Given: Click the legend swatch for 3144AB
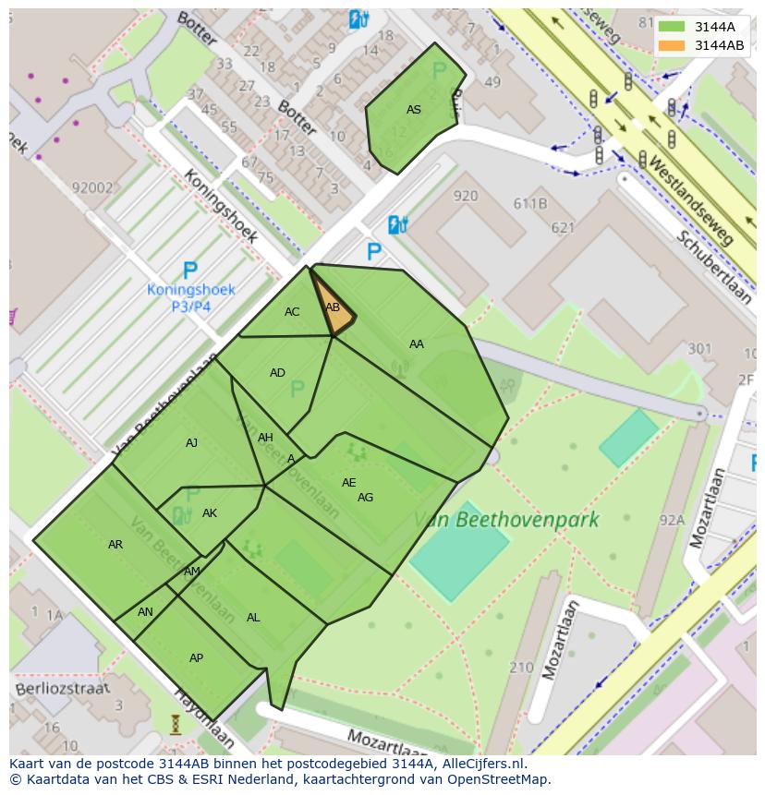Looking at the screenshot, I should click(672, 45).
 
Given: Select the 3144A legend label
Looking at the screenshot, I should click(714, 27).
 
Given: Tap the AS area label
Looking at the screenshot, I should click(414, 110).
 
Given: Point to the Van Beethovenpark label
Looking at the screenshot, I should click(505, 520).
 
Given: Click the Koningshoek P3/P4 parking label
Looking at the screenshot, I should click(191, 296).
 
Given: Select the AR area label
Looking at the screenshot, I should click(115, 545).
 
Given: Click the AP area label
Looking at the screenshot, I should click(196, 658).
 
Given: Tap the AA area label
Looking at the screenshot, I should click(417, 344).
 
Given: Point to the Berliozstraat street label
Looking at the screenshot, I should click(62, 688).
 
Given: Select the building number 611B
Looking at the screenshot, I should click(530, 204).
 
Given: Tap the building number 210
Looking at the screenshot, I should click(521, 667).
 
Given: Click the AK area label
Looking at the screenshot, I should click(210, 513).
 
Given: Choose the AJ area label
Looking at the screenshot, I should click(191, 443).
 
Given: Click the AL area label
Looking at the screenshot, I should click(253, 618).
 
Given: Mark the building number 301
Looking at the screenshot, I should click(699, 348).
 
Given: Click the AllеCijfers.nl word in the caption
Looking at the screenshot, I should click(482, 764).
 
